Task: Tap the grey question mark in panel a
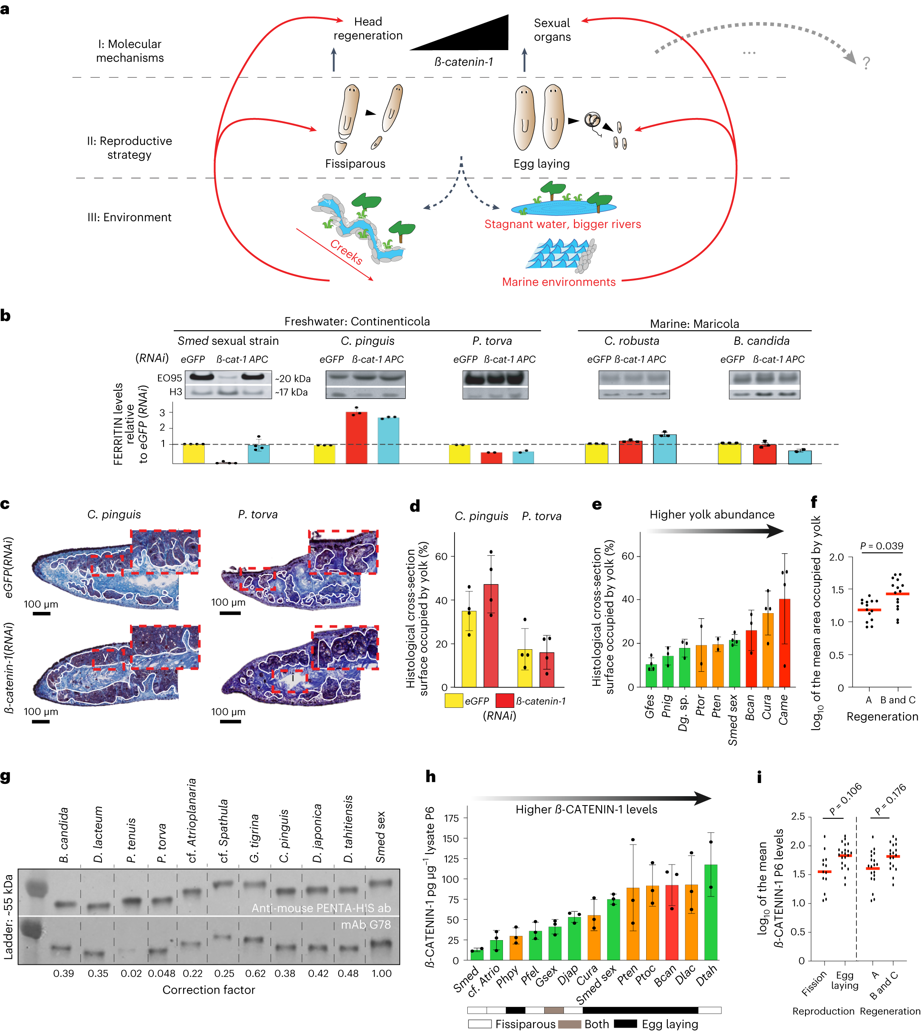(866, 63)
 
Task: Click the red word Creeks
(346, 252)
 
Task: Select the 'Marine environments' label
(559, 282)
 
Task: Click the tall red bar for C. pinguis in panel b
(356, 438)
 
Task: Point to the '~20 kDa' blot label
(293, 378)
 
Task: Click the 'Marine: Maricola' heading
(694, 324)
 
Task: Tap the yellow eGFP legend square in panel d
(453, 701)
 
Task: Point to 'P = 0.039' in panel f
(881, 546)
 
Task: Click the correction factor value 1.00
(381, 973)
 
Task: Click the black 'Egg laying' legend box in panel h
(625, 1023)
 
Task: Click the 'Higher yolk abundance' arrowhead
(774, 531)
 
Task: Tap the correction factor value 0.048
(161, 973)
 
